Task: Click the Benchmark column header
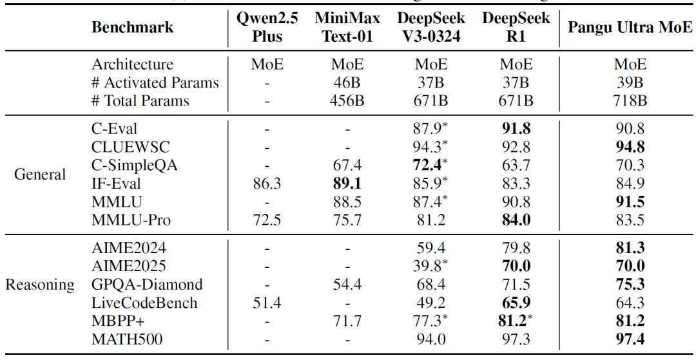tap(132, 28)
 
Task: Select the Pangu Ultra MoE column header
tap(630, 28)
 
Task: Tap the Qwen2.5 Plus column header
tap(267, 27)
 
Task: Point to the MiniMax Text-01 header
tap(347, 27)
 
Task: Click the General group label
tap(40, 175)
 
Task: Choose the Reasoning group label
tap(39, 284)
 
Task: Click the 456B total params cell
tap(347, 101)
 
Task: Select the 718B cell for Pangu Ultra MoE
tap(630, 101)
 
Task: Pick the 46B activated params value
tap(347, 83)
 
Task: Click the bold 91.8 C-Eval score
tap(516, 129)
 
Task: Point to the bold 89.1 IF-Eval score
tap(347, 184)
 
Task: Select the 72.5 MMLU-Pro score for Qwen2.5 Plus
tap(267, 220)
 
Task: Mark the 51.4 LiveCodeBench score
tap(267, 303)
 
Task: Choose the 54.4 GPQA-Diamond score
tap(347, 284)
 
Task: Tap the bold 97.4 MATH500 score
tap(630, 339)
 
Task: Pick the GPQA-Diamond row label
tap(147, 284)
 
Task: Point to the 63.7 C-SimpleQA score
tap(516, 166)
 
